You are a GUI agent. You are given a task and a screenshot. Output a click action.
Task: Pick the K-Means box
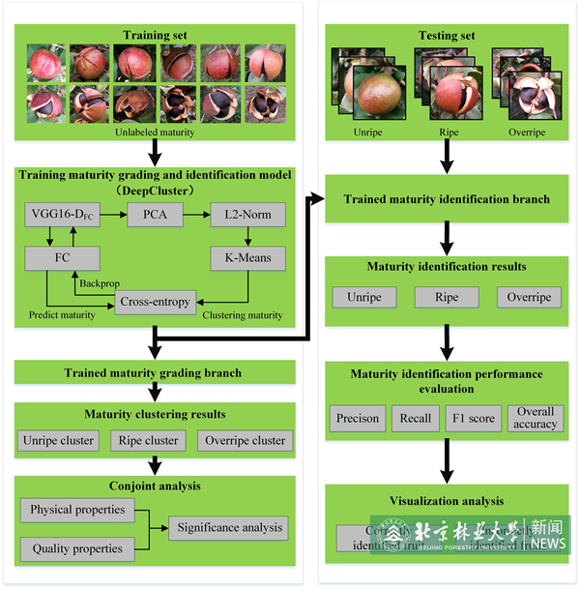[x=248, y=257]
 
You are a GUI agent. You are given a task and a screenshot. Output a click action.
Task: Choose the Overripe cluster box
[x=244, y=440]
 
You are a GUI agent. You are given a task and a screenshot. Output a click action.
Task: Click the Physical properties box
[x=77, y=509]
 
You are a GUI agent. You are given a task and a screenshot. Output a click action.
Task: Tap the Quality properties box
[x=77, y=548]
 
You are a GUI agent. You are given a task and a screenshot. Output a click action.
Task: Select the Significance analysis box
[x=228, y=527]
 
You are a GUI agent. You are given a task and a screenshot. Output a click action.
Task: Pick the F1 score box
[x=474, y=419]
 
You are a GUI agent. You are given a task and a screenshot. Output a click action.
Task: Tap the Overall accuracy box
[x=536, y=418]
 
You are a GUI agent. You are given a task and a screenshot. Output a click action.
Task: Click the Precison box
[x=358, y=419]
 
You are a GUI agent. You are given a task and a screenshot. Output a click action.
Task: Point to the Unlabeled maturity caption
[x=155, y=132]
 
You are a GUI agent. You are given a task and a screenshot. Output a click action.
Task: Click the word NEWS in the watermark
[x=548, y=545]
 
